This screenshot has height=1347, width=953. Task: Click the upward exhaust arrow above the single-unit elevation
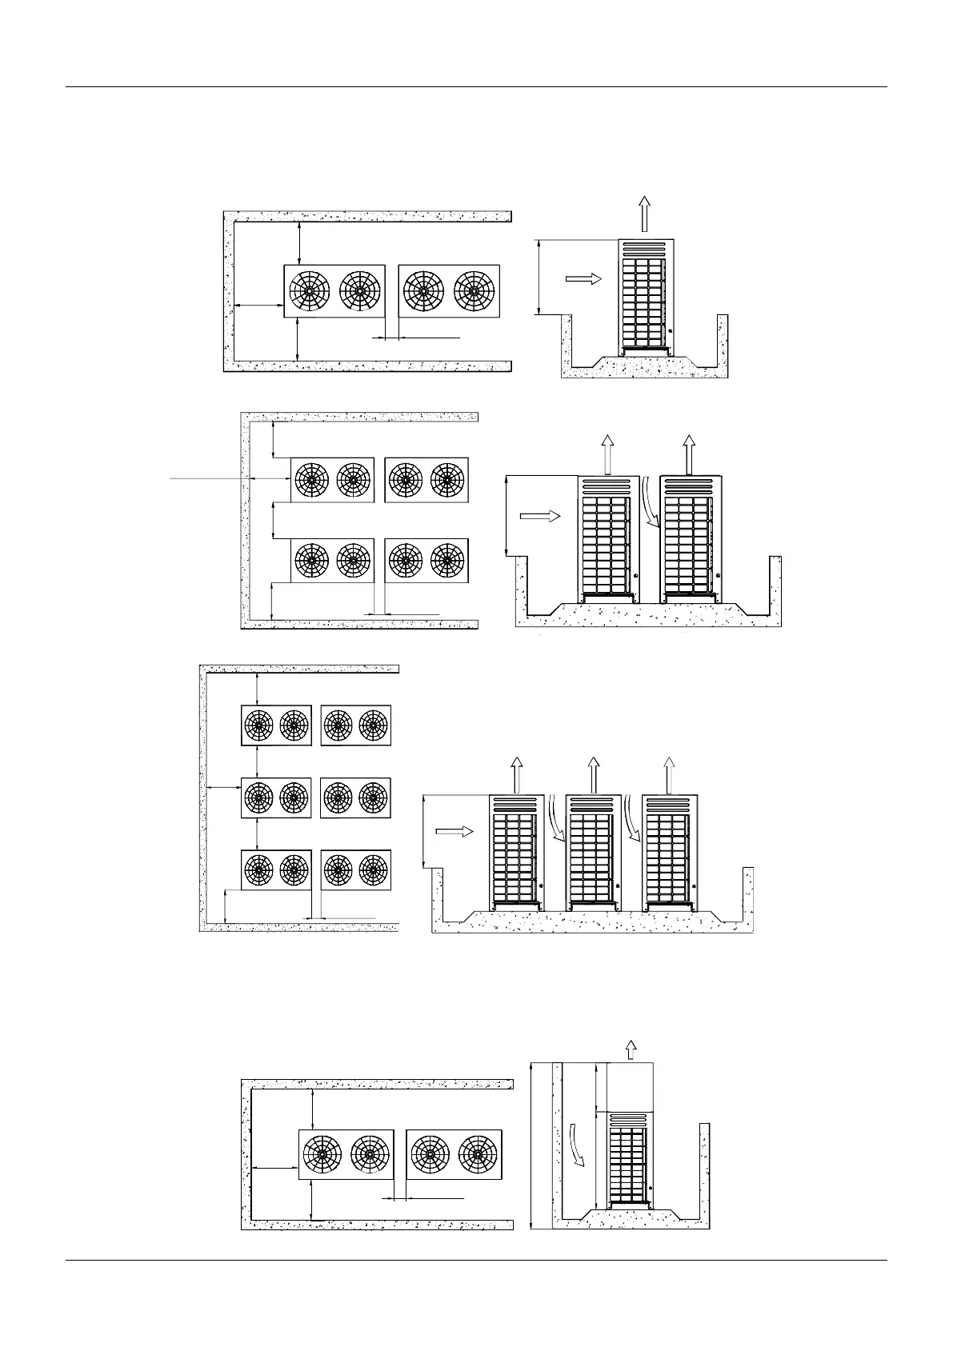[x=644, y=214]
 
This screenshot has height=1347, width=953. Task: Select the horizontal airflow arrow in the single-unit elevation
[x=583, y=278]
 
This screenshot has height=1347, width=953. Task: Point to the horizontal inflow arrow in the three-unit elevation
[x=453, y=832]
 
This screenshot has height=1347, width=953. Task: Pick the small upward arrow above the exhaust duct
[x=631, y=1049]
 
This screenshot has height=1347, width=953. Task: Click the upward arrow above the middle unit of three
[x=594, y=774]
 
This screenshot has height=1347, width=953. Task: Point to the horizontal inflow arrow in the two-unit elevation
[x=540, y=516]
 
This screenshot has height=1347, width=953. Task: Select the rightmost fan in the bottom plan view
[x=478, y=1153]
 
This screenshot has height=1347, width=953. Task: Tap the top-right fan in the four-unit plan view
[x=447, y=480]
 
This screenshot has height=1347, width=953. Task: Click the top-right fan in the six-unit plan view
[x=373, y=725]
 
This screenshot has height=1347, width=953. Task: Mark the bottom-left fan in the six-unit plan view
[x=258, y=869]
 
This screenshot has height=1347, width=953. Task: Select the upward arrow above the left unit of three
[x=517, y=774]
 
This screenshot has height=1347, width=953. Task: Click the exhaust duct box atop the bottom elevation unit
[x=631, y=1086]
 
